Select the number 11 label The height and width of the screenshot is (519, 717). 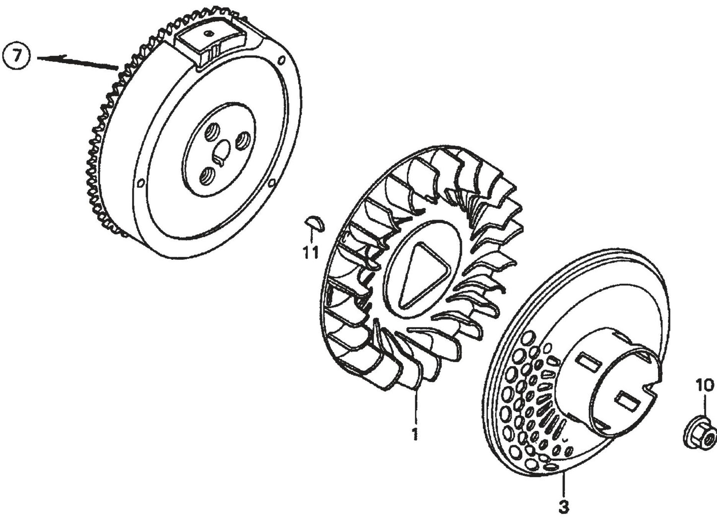[x=311, y=252]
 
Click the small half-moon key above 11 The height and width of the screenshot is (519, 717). [x=315, y=223]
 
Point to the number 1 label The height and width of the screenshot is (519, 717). [x=414, y=434]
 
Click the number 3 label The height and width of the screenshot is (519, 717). [x=563, y=507]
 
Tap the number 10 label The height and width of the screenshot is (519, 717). [x=705, y=385]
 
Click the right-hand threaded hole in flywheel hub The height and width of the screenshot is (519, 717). [x=244, y=141]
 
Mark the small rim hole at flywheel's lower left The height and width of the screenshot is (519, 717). [x=140, y=181]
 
